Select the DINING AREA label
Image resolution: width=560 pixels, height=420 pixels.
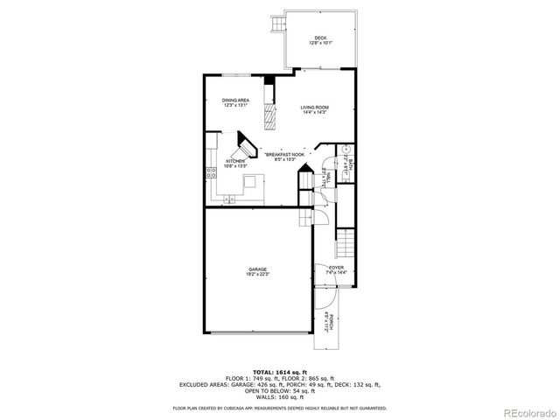(236, 101)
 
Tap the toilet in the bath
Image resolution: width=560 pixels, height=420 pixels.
(345, 148)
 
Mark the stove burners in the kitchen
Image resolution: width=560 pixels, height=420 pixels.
(212, 171)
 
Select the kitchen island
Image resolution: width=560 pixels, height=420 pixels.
(252, 183)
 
